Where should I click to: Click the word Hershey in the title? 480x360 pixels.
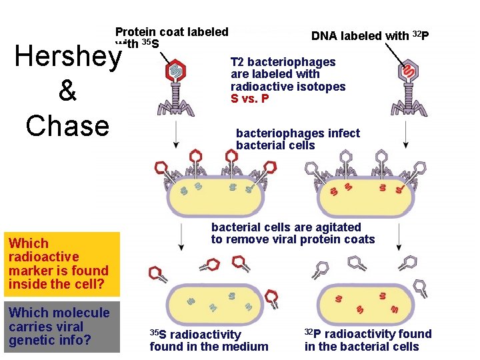(67, 57)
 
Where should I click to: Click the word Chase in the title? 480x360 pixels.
(67, 125)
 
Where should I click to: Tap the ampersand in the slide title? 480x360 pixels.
(67, 91)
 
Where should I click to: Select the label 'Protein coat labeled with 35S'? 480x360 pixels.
(171, 37)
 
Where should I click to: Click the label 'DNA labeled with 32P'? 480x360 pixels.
(369, 35)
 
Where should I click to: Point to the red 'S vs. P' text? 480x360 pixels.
(250, 99)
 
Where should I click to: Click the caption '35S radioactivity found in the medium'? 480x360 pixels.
(209, 340)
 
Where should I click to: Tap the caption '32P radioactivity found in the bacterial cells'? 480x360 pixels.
(368, 340)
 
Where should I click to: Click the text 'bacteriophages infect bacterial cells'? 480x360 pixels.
(297, 139)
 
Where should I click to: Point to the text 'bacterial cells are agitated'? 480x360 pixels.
(286, 227)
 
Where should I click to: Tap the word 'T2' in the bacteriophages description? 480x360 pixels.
(237, 62)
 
